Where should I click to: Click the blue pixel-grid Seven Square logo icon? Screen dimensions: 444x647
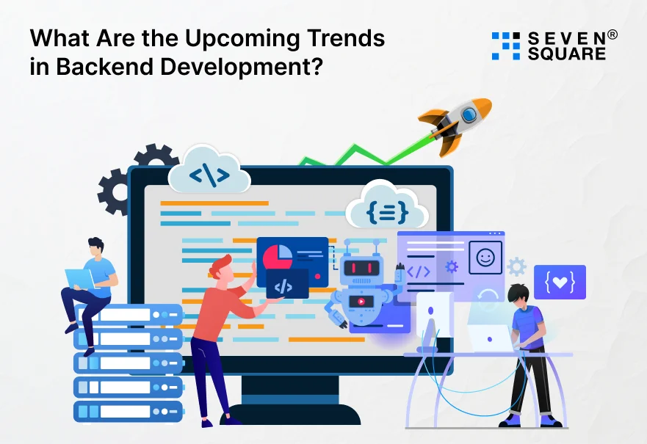[x=505, y=46]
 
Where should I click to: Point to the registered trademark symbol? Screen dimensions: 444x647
[x=612, y=34]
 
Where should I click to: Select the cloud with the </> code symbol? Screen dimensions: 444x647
[x=209, y=176]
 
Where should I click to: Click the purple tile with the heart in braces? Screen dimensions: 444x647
[x=560, y=282]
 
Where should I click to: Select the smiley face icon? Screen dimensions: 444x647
[x=485, y=258]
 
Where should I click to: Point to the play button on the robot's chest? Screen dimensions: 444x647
[x=359, y=300]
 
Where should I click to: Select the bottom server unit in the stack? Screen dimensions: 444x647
[x=128, y=410]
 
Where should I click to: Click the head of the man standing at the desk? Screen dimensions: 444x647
[x=520, y=296]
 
